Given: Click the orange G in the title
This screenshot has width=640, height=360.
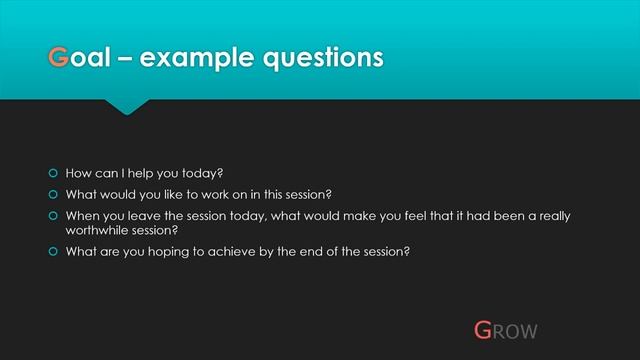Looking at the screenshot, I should click(x=60, y=58).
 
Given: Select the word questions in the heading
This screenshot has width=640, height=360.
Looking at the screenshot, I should click(x=321, y=58).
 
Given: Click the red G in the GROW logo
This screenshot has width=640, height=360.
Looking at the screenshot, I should click(x=483, y=329).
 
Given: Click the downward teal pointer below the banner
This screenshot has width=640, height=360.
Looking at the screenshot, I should click(x=127, y=105).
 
